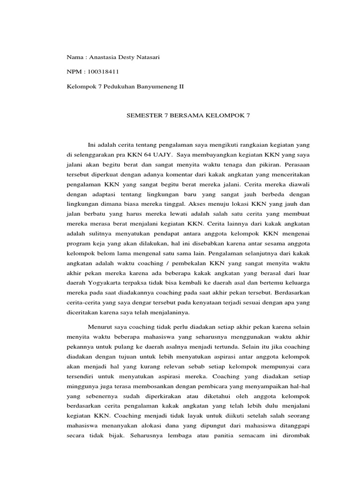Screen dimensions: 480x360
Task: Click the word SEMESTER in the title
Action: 142,115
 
